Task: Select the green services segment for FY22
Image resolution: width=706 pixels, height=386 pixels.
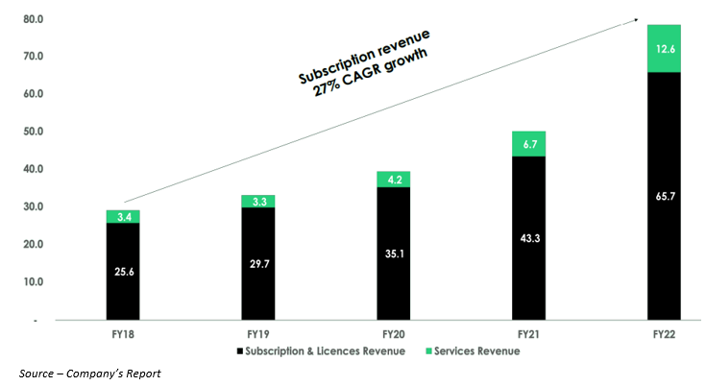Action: click(664, 48)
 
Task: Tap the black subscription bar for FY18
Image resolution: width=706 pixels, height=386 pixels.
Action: click(123, 271)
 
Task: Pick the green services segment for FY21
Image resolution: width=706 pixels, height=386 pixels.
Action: click(528, 144)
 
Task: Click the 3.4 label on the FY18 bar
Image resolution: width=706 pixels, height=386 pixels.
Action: click(123, 217)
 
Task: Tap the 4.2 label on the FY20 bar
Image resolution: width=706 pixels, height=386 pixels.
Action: click(393, 179)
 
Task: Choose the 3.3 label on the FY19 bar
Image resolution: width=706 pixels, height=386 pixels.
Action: click(257, 202)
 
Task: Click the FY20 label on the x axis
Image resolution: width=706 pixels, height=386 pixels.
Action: click(393, 333)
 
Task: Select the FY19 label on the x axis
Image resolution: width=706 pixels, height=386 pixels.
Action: click(257, 333)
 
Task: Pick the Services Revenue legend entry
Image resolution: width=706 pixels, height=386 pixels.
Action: click(471, 351)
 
